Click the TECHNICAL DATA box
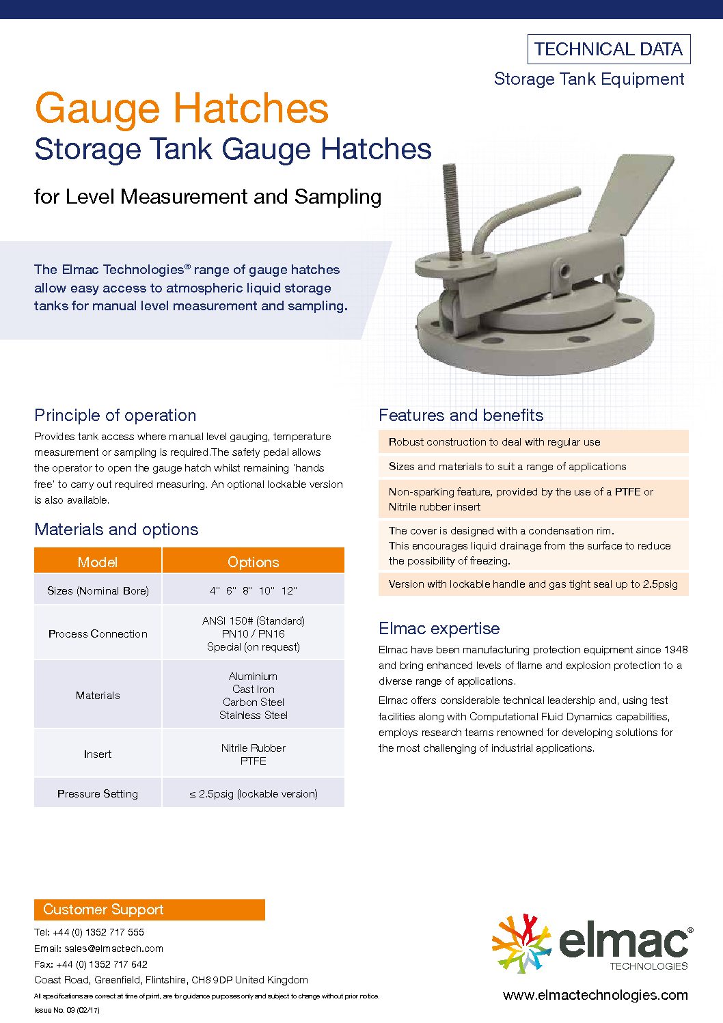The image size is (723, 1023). pos(609,49)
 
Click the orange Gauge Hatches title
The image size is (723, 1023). pos(182,109)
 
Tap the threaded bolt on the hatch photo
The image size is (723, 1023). pos(451,205)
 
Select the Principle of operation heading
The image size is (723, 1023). pos(115,415)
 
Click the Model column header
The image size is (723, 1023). pos(98,562)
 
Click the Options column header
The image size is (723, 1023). pos(253,562)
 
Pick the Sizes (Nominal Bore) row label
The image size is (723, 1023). pos(98,590)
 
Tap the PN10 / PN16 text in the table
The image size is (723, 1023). pos(253,633)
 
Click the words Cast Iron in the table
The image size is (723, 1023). pos(253,689)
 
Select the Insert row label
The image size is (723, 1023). pos(98,754)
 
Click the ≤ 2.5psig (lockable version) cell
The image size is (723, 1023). pos(253,793)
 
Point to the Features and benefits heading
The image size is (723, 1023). pos(461,415)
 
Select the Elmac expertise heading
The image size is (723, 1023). pos(439,629)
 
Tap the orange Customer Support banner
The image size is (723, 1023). pos(149,910)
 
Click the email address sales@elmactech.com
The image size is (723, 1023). pos(113,949)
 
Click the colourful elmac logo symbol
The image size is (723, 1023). pos(521,943)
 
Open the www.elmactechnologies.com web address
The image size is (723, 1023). pos(595,995)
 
